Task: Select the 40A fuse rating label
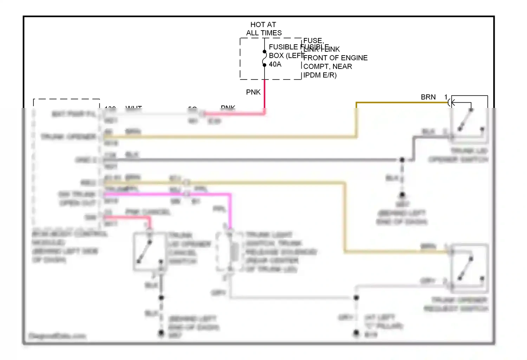(x=275, y=64)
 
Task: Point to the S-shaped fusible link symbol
(x=265, y=58)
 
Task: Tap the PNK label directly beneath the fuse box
(x=253, y=92)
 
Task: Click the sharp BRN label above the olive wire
(x=428, y=97)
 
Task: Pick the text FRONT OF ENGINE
(x=335, y=58)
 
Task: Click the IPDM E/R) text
(x=320, y=75)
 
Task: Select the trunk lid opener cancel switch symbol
(x=149, y=251)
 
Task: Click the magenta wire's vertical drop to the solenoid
(x=230, y=211)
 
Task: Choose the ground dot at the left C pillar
(x=356, y=332)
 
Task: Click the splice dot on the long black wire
(x=402, y=160)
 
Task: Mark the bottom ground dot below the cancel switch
(x=161, y=332)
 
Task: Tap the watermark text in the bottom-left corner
(x=57, y=336)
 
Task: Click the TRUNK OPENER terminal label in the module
(x=68, y=136)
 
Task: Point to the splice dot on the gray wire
(x=356, y=298)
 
